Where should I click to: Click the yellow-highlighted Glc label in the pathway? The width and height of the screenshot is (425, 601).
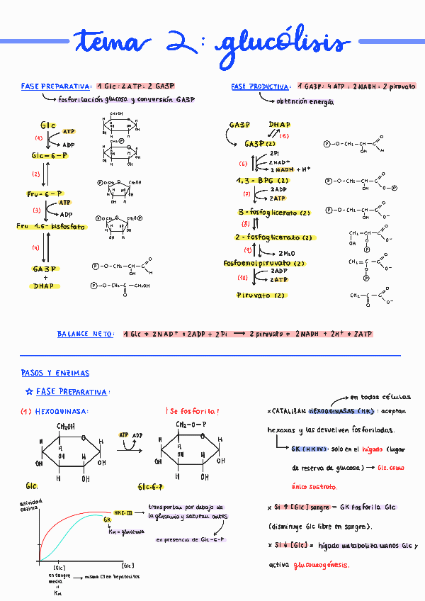tap(48, 125)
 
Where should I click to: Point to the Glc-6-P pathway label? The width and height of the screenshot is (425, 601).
tap(49, 155)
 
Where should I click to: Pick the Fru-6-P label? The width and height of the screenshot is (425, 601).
tap(45, 193)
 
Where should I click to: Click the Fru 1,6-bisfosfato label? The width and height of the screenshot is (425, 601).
tap(51, 227)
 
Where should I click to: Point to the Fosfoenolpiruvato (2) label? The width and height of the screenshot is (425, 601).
tap(264, 263)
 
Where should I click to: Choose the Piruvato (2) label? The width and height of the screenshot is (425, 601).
tap(261, 295)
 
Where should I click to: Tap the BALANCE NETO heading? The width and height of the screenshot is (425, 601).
tap(85, 333)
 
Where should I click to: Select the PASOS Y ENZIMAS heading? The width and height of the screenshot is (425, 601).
tap(55, 373)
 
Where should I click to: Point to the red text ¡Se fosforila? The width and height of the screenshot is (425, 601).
tap(192, 411)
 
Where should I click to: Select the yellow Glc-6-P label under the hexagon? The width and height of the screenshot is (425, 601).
tap(150, 488)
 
